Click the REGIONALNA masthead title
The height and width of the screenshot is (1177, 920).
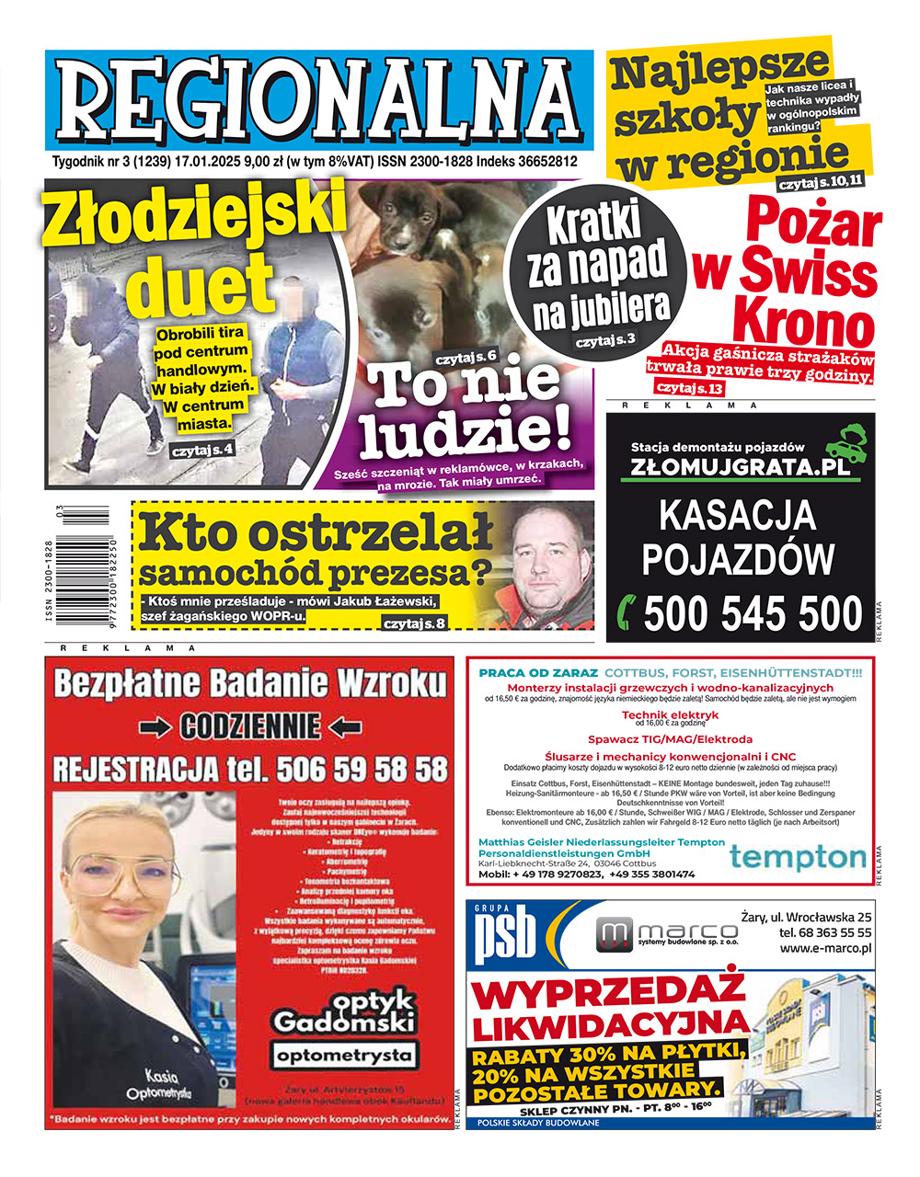[x=318, y=99]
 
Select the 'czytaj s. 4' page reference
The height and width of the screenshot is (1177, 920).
[x=202, y=451]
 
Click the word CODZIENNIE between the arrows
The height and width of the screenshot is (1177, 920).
[x=249, y=726]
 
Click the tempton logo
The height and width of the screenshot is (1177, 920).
[x=797, y=859]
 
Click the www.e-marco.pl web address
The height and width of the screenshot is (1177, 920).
[x=825, y=949]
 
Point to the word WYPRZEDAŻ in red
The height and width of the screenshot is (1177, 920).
[x=608, y=996]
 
